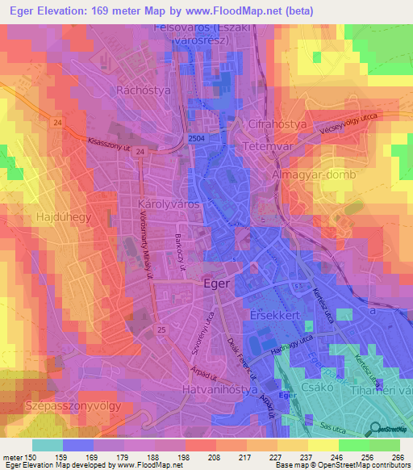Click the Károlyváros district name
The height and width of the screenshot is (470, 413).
coord(147,206)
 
